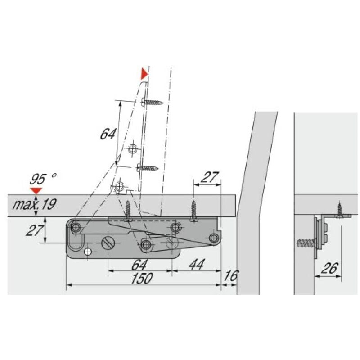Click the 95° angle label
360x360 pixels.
coord(43,179)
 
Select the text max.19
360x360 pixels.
coord(34,204)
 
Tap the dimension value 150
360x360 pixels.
coord(142,278)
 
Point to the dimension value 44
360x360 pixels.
coord(197,264)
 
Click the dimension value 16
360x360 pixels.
coord(231,275)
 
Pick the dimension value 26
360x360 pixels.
coord(330,268)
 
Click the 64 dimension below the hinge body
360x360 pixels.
coord(139,265)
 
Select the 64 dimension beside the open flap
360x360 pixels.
coord(108,134)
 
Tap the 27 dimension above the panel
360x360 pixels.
coord(209,177)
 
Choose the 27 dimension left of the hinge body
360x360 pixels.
coord(35,230)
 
